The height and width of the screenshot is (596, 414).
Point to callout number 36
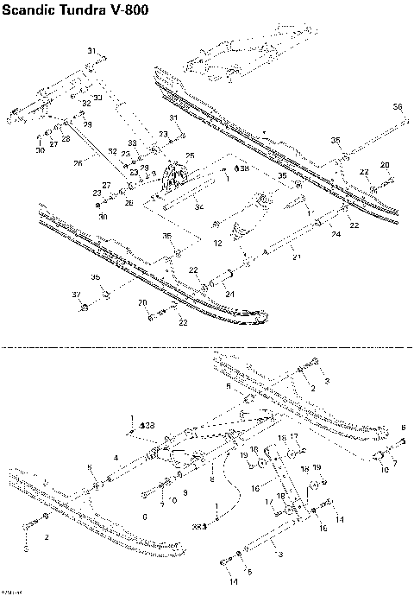click(397, 106)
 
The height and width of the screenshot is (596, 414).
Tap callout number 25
click(190, 155)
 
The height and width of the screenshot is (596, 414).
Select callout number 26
click(78, 162)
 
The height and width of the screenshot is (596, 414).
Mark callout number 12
click(218, 244)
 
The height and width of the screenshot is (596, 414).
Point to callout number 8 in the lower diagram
click(211, 476)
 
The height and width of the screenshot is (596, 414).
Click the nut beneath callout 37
click(84, 308)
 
